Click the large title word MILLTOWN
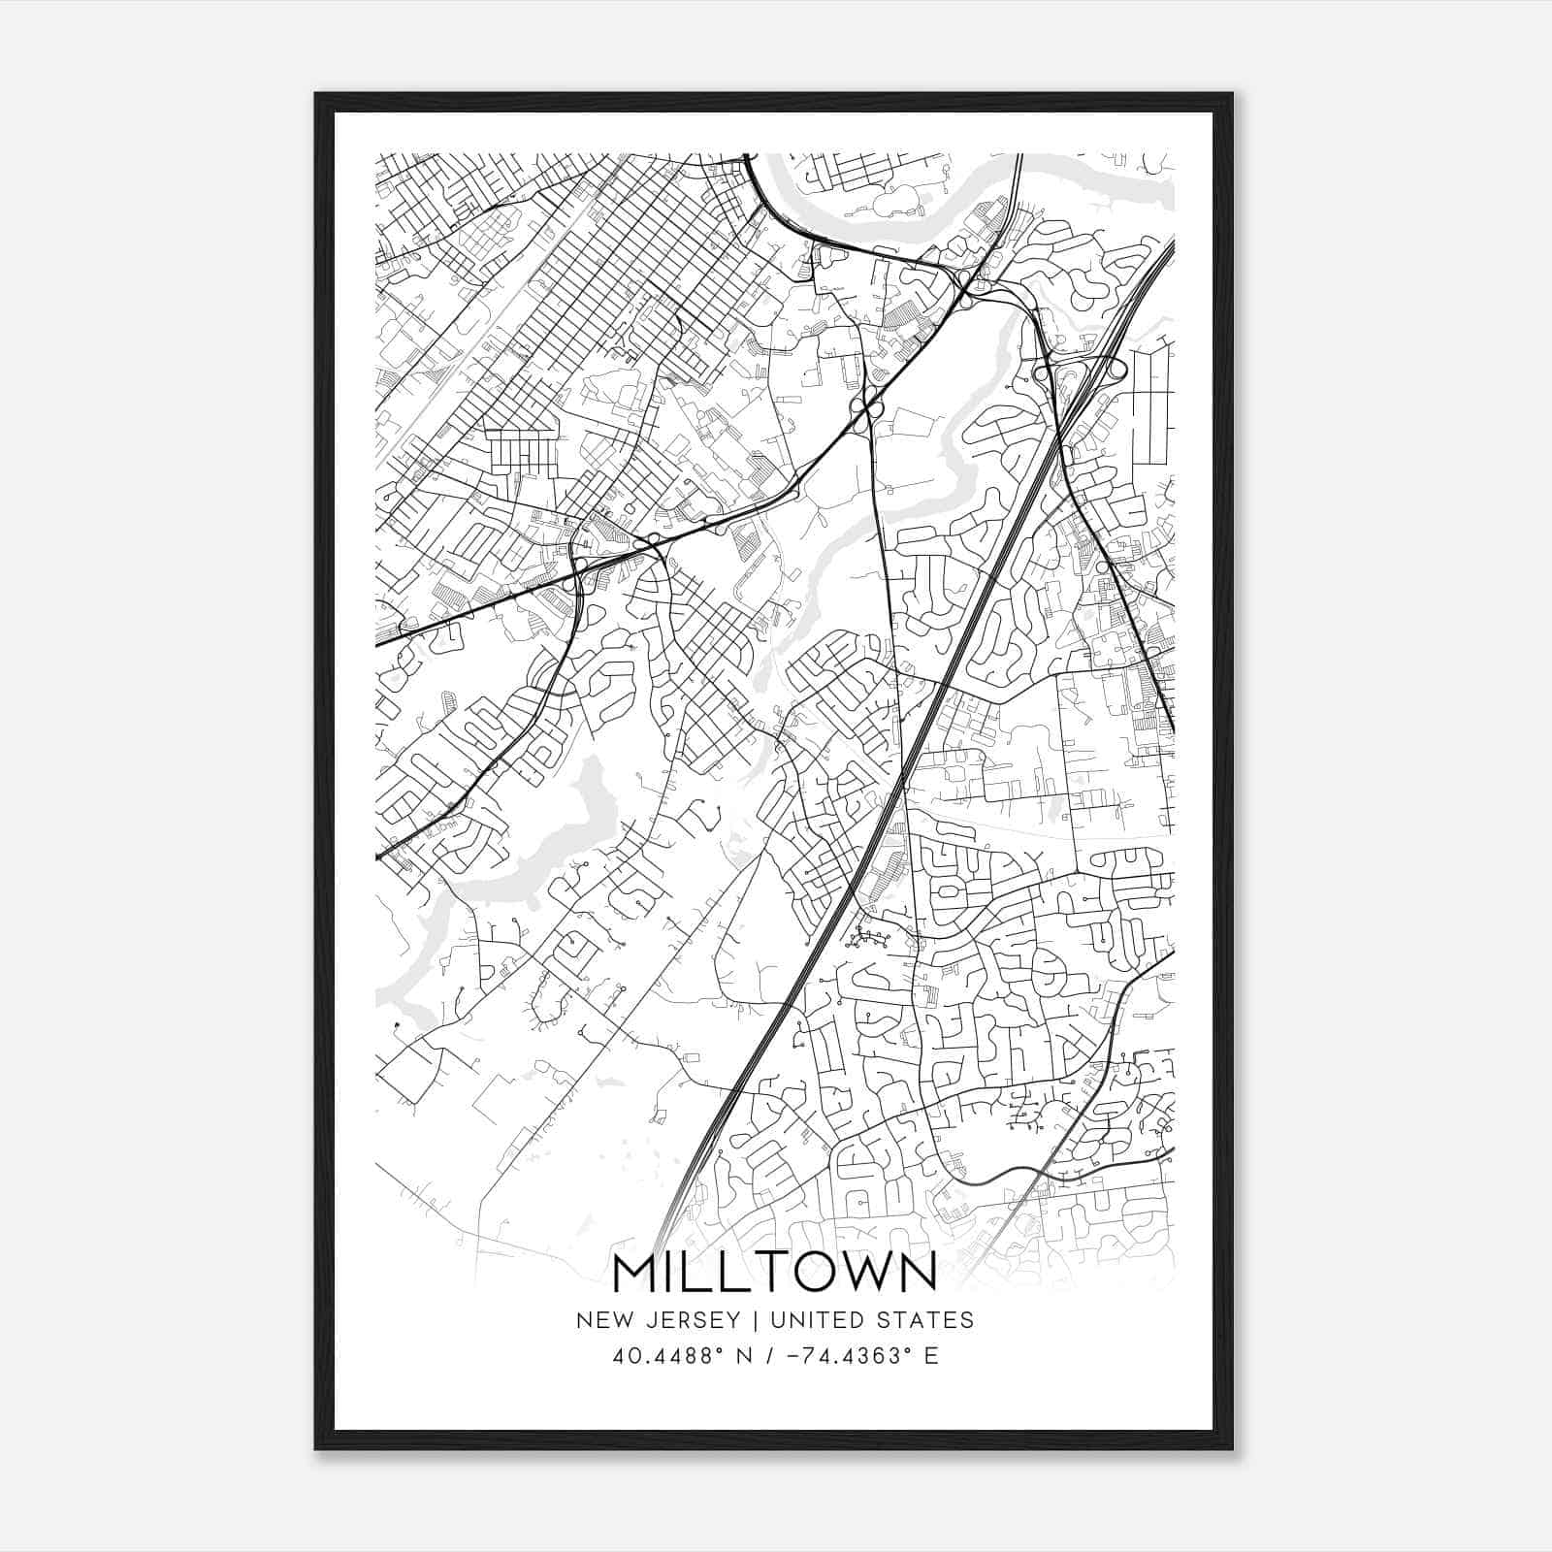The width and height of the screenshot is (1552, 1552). click(x=775, y=1272)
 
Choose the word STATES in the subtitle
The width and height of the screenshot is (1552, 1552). click(x=930, y=1320)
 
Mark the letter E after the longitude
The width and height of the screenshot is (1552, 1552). click(x=931, y=1356)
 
